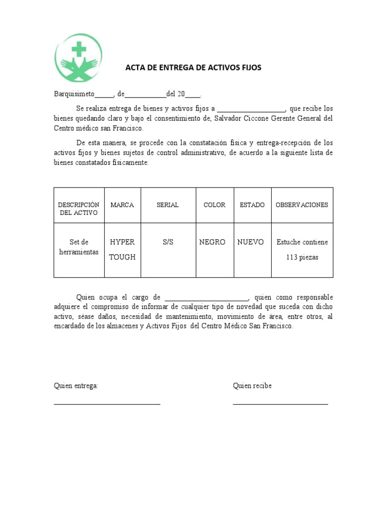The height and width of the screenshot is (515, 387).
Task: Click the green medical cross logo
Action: (x=78, y=58)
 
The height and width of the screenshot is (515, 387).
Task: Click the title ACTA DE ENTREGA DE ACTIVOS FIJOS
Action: (x=193, y=67)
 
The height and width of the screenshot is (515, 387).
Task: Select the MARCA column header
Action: (x=122, y=205)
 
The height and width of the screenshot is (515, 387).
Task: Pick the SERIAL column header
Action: (x=168, y=205)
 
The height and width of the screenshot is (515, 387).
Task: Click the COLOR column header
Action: (x=214, y=205)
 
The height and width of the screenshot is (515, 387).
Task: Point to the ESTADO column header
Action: (x=252, y=205)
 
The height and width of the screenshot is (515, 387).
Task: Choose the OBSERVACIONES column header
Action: (x=302, y=205)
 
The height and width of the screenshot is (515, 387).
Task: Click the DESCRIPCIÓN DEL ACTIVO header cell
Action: (x=79, y=209)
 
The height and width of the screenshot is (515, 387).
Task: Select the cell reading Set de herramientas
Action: (x=79, y=247)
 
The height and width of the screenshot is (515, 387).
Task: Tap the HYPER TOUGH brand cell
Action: (x=122, y=249)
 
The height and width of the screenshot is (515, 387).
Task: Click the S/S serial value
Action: (x=168, y=242)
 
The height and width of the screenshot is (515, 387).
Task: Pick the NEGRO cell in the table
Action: (x=212, y=242)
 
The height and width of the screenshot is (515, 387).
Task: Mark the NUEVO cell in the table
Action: (x=250, y=242)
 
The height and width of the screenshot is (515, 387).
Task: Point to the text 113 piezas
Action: (x=302, y=257)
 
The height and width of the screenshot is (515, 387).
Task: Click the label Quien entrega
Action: (x=76, y=386)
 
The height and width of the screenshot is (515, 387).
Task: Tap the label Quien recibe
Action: (x=252, y=386)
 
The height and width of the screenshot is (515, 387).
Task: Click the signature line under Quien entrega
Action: (x=107, y=403)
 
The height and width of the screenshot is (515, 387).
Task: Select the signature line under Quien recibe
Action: (x=280, y=403)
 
